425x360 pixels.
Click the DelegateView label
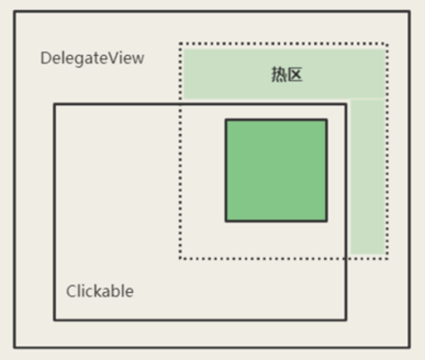point(92,58)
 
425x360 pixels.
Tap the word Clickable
point(99,291)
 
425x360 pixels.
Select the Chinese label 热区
point(287,75)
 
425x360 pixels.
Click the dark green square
point(276,171)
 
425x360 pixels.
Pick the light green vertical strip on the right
point(367,176)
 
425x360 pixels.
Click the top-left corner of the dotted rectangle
point(180,44)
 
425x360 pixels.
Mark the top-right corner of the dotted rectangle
point(387,44)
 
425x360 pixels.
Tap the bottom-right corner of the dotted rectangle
point(387,258)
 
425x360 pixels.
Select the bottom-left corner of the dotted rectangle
point(180,258)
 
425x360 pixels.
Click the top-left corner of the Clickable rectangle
point(54,104)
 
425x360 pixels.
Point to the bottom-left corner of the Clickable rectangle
point(54,319)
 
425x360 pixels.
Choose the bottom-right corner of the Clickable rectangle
point(345,319)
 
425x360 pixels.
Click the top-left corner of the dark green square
point(226,120)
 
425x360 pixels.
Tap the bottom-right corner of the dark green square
point(327,221)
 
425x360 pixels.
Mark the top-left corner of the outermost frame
point(15,11)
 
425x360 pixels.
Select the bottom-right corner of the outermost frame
point(410,347)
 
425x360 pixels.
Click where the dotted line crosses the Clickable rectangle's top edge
point(180,104)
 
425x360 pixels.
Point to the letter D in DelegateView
point(45,58)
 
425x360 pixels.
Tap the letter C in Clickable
point(71,291)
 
